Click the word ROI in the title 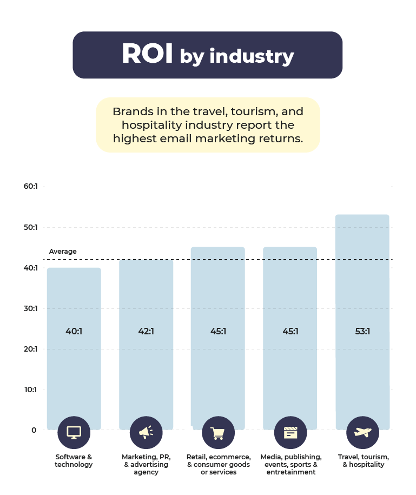147,54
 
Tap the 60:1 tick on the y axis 31,186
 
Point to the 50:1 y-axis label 31,227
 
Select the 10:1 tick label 31,390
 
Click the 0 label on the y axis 34,430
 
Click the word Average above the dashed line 63,252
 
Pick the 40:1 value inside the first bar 74,331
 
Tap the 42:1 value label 146,331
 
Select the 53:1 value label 362,331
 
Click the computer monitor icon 74,432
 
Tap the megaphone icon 146,432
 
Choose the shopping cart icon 219,432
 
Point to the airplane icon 362,432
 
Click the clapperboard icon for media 290,432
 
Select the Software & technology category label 74,460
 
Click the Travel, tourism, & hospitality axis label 364,460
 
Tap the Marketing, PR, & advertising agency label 146,464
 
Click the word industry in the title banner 252,56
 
